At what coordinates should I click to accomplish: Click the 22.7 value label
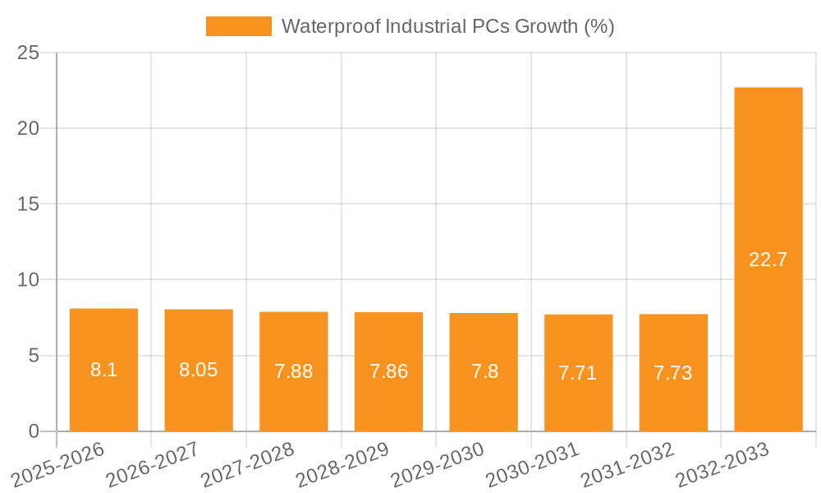[x=768, y=260]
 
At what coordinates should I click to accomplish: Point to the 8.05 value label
[x=199, y=370]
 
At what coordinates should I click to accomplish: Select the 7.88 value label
[x=294, y=371]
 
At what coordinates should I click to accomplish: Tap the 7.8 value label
[x=484, y=371]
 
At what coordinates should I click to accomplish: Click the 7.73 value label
[x=673, y=373]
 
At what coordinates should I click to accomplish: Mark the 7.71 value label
[x=578, y=373]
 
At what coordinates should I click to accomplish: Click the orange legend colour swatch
[x=238, y=26]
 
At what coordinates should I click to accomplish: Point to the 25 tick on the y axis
[x=28, y=53]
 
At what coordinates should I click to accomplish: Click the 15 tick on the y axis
[x=28, y=204]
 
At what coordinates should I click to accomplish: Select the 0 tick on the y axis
[x=33, y=431]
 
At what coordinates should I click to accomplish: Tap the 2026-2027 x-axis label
[x=153, y=464]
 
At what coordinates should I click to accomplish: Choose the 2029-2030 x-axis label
[x=438, y=464]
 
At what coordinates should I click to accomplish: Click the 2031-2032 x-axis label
[x=627, y=464]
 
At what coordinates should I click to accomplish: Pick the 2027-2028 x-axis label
[x=248, y=464]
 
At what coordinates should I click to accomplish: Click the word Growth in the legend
[x=548, y=26]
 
